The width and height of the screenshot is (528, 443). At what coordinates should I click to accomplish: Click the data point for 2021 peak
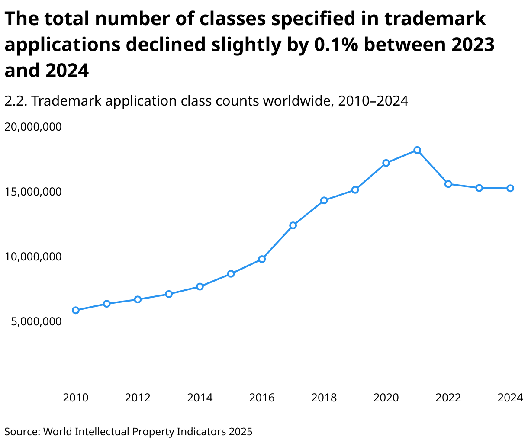(417, 150)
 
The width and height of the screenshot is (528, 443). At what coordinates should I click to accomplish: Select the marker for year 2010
(76, 310)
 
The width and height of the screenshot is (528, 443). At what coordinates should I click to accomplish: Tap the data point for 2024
(510, 188)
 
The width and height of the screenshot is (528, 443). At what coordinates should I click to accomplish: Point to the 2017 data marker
(293, 225)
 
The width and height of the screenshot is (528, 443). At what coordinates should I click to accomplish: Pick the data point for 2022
(448, 184)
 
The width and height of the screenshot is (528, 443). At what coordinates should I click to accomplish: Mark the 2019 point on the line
(355, 190)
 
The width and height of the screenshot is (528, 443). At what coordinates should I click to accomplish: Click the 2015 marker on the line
(231, 274)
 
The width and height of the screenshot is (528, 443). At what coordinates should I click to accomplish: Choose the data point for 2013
(169, 294)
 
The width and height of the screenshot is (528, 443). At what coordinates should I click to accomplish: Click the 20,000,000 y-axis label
(33, 127)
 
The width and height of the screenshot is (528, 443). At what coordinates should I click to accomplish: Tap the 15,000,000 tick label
(33, 192)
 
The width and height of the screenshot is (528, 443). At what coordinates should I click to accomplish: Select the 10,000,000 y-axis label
(33, 257)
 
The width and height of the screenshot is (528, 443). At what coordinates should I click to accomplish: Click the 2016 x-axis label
(262, 398)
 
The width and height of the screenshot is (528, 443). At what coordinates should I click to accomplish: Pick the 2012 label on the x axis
(138, 398)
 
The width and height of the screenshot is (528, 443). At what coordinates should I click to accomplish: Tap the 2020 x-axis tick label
(386, 398)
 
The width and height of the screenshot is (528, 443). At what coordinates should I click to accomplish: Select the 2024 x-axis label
(510, 398)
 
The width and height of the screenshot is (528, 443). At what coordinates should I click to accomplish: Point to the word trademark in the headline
(435, 19)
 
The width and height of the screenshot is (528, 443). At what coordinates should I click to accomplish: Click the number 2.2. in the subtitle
(16, 101)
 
